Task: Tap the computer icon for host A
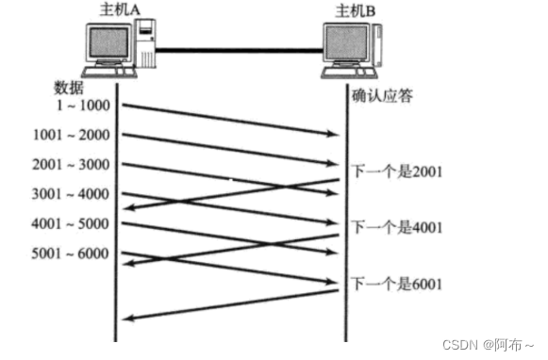(120, 47)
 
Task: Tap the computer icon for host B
(351, 47)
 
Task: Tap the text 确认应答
(382, 95)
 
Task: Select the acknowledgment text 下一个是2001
(397, 172)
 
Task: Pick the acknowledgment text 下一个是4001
(397, 227)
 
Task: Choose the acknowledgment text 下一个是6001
(397, 283)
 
